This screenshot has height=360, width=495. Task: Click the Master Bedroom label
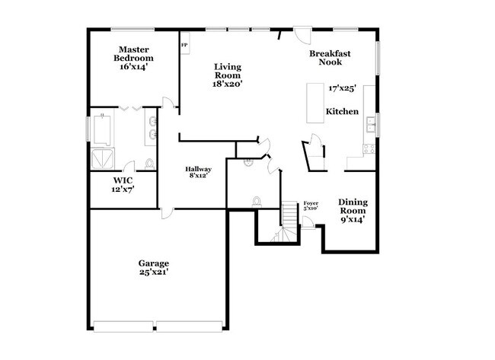[133, 58]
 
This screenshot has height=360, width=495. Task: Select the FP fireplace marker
[184, 44]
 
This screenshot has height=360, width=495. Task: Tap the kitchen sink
[371, 123]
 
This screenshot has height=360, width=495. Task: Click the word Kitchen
[342, 112]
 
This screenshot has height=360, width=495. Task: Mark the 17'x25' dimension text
[343, 89]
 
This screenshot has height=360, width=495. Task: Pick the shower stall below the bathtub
[103, 157]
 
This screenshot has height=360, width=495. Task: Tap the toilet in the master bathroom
[149, 164]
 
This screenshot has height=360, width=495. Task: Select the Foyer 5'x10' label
[310, 205]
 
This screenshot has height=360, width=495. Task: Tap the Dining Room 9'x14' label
[353, 211]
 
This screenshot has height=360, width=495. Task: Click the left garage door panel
[125, 327]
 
